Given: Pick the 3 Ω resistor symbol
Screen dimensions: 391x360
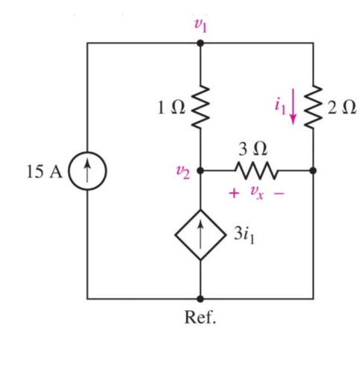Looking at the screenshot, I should click(x=255, y=170).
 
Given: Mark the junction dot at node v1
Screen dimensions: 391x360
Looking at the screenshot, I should click(x=199, y=43).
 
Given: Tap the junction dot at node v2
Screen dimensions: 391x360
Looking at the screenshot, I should click(x=199, y=170).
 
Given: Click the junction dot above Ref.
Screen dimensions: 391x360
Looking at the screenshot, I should click(x=199, y=298).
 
